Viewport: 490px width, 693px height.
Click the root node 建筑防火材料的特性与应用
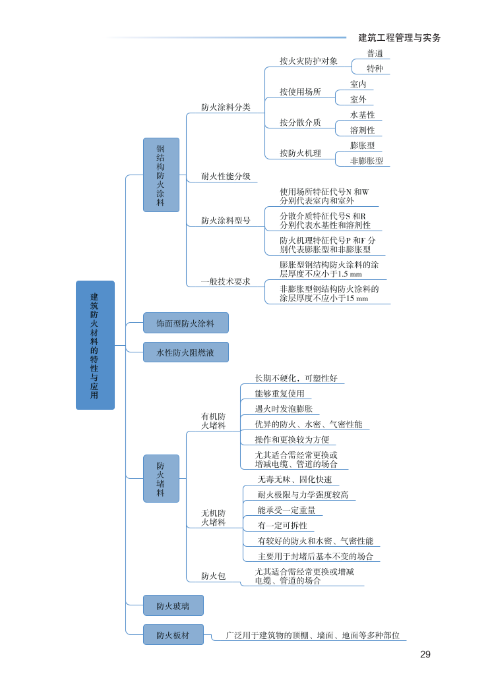[95, 345]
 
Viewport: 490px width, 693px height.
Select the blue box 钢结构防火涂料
[161, 175]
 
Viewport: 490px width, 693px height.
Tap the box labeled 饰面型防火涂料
[185, 323]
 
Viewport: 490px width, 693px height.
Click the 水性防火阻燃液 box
[185, 352]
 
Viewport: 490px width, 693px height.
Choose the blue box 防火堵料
[161, 478]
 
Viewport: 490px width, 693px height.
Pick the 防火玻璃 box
[173, 605]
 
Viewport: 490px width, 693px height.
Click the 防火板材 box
[173, 635]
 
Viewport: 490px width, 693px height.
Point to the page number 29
[425, 654]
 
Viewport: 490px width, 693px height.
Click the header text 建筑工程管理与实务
[400, 38]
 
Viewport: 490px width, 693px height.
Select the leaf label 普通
[375, 53]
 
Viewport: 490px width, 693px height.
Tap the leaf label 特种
[375, 69]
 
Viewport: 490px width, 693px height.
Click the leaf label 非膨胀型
[366, 160]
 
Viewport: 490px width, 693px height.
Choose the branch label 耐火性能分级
[226, 176]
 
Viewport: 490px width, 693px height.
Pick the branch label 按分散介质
[300, 122]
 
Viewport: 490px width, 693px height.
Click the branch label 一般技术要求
[226, 281]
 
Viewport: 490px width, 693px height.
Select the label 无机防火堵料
[213, 517]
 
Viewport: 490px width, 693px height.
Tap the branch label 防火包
[213, 576]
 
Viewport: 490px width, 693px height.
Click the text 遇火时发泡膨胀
[284, 409]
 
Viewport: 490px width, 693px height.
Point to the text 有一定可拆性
[282, 525]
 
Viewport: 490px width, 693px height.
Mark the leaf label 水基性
[362, 115]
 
